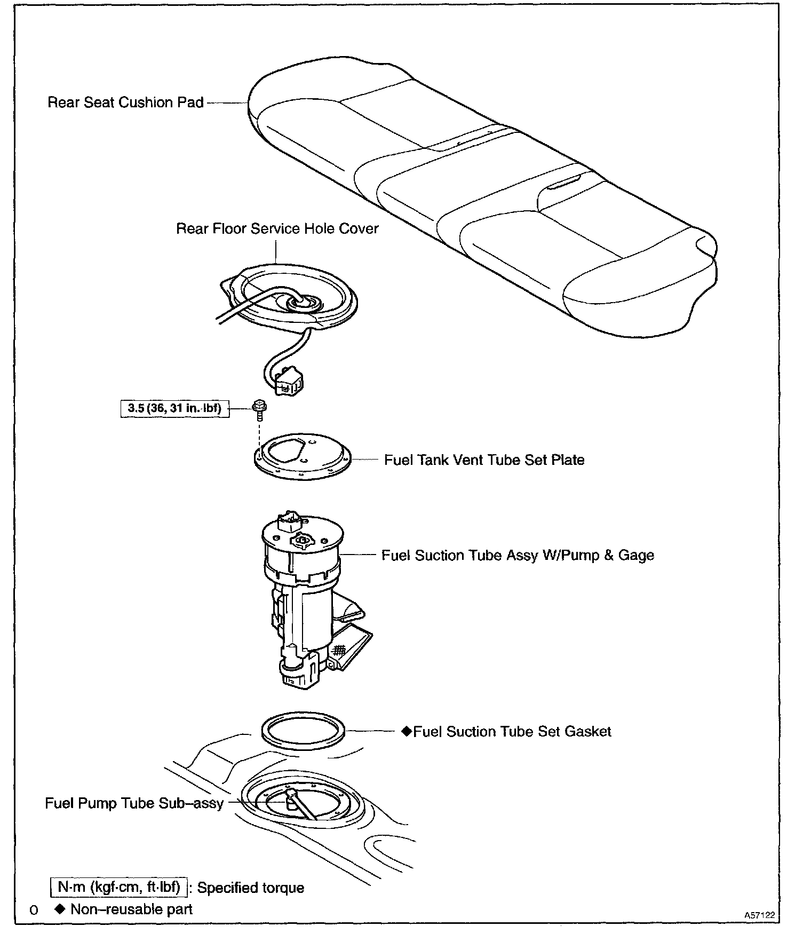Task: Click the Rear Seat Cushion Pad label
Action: coord(125,102)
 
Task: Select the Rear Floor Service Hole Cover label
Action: coord(277,229)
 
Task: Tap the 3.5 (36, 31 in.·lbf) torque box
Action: coord(175,409)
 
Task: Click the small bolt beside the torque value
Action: coord(260,408)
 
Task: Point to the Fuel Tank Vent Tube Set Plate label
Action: coord(484,460)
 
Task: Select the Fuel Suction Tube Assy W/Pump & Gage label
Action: coord(518,556)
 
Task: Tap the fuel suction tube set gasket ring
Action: coord(303,730)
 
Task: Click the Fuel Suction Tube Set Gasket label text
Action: coord(512,732)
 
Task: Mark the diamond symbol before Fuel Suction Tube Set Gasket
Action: coord(407,731)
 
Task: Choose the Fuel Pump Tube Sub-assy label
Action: coord(134,803)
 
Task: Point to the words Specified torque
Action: coord(251,888)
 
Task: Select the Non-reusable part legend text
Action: coord(131,909)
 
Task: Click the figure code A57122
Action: coord(759,915)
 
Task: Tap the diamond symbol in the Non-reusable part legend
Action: coord(59,909)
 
